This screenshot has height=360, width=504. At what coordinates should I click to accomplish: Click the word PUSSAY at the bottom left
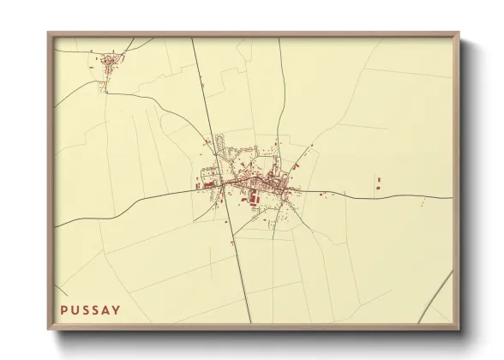[90, 309]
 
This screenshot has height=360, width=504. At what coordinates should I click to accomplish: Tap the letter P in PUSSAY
[63, 309]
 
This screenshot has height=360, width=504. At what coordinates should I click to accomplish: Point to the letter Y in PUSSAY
[117, 309]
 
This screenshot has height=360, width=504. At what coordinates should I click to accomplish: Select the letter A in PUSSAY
[106, 309]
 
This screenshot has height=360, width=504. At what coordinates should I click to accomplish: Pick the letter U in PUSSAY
[74, 309]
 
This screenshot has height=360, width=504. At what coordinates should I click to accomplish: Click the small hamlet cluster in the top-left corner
[111, 61]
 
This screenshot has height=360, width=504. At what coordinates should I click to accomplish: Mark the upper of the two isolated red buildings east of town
[378, 179]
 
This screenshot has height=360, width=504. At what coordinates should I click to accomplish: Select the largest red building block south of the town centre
[254, 200]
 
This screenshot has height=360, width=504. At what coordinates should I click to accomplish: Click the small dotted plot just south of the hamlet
[105, 87]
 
